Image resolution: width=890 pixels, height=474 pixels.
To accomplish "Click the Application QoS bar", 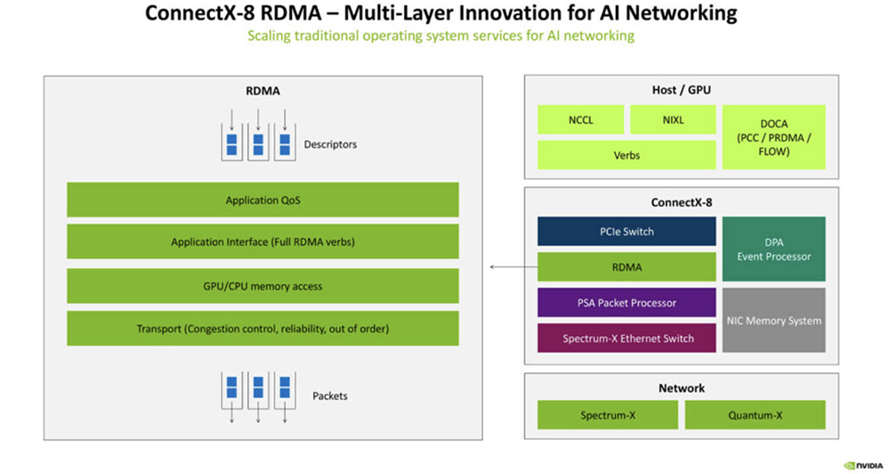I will pyautogui.click(x=263, y=200).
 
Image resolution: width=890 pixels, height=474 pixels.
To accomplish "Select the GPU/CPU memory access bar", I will pyautogui.click(x=263, y=286).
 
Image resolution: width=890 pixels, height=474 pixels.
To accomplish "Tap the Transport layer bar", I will pyautogui.click(x=263, y=329).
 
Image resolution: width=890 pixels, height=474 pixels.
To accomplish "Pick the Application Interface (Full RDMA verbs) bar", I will pyautogui.click(x=263, y=242).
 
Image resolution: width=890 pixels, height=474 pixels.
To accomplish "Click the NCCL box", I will pyautogui.click(x=580, y=119).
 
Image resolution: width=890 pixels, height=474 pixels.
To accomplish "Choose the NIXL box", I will pyautogui.click(x=673, y=119).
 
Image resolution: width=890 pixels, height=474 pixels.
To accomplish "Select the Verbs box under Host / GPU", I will pyautogui.click(x=627, y=155).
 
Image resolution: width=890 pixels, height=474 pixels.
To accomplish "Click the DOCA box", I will pyautogui.click(x=773, y=137).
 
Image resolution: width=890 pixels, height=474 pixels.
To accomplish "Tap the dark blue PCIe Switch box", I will pyautogui.click(x=627, y=232).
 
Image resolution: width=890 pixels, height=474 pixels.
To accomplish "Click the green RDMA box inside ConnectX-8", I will pyautogui.click(x=627, y=266).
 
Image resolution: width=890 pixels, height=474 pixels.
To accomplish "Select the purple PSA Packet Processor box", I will pyautogui.click(x=627, y=303).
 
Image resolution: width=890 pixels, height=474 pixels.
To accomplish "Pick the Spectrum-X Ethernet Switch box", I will pyautogui.click(x=627, y=339).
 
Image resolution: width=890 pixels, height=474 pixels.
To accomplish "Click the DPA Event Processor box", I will pyautogui.click(x=773, y=249).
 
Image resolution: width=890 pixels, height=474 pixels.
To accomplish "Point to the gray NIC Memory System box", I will pyautogui.click(x=773, y=320).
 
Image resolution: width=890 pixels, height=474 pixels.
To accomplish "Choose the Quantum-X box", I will pyautogui.click(x=755, y=415).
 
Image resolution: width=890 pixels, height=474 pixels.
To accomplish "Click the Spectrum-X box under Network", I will pyautogui.click(x=607, y=415).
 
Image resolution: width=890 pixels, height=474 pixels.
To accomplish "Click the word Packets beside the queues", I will pyautogui.click(x=330, y=396).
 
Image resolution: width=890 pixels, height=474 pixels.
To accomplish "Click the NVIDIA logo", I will pyautogui.click(x=862, y=464).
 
